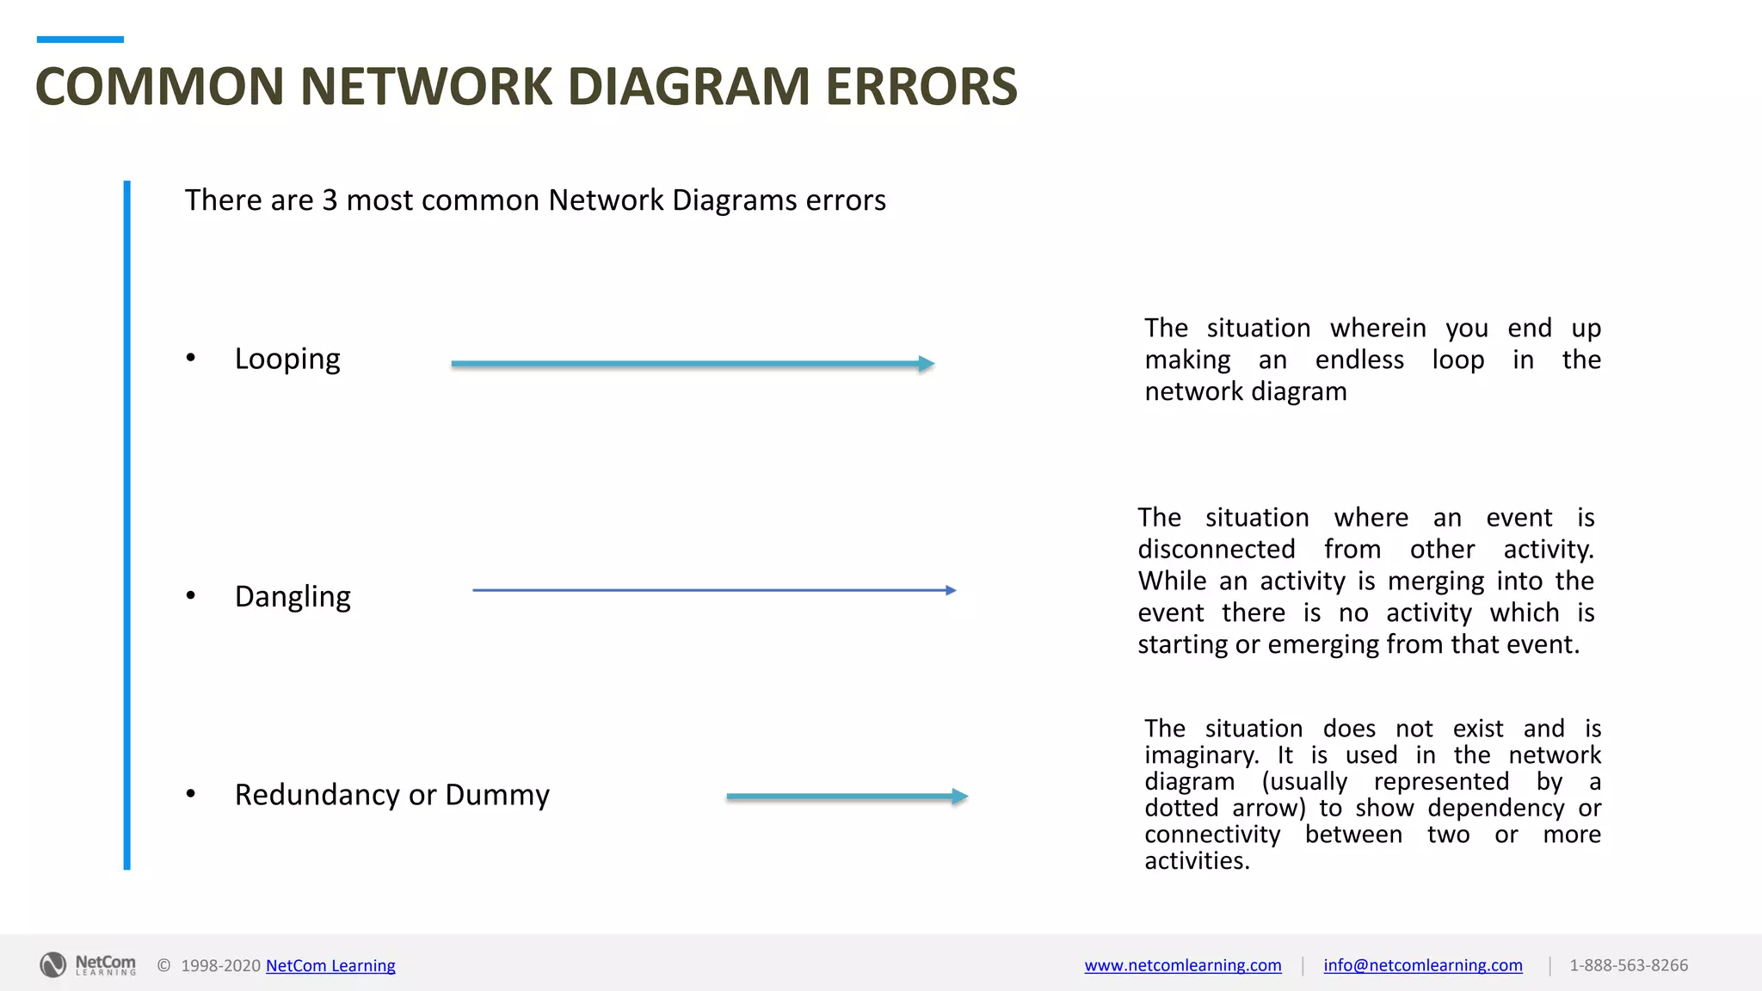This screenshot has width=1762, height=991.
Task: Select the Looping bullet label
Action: click(x=287, y=359)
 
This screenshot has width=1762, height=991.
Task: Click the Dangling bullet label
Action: click(x=293, y=596)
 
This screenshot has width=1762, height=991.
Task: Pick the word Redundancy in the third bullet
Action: click(x=317, y=795)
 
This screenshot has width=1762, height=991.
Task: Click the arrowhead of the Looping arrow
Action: click(x=927, y=364)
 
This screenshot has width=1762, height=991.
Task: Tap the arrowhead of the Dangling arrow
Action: click(x=951, y=590)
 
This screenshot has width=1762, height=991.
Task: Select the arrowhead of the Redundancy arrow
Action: click(x=960, y=797)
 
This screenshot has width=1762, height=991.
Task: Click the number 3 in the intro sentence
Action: click(x=330, y=200)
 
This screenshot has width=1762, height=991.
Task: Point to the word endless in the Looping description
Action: click(x=1359, y=360)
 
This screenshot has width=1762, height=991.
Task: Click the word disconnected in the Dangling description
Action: click(x=1217, y=549)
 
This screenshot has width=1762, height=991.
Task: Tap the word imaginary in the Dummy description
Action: click(x=1199, y=755)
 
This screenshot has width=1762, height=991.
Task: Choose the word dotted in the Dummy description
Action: click(x=1181, y=808)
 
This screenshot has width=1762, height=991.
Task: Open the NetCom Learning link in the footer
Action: click(x=330, y=965)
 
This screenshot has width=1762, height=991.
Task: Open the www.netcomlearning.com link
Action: click(x=1183, y=965)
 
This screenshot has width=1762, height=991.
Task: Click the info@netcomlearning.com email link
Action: click(x=1423, y=965)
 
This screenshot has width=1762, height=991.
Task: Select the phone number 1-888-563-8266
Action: click(x=1629, y=965)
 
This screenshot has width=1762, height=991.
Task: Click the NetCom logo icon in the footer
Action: click(x=53, y=964)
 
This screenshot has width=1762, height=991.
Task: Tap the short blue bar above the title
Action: click(x=80, y=40)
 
